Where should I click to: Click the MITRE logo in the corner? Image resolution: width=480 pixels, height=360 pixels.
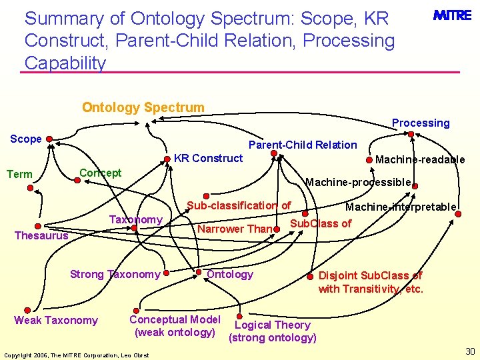point(452,15)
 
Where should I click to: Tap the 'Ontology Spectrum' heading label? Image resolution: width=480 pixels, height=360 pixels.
point(143,107)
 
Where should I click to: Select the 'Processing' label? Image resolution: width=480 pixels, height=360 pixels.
point(420,123)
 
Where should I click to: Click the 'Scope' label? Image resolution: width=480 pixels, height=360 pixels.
point(26,139)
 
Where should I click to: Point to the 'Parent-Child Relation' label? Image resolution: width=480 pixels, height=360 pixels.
point(302,145)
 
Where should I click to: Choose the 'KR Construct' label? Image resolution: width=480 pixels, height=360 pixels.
point(208,158)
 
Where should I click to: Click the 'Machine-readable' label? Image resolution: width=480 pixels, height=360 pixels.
point(420,159)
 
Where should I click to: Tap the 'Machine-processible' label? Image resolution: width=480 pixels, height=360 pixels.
point(358,182)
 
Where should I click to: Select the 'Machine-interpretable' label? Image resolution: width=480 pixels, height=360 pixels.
point(400,207)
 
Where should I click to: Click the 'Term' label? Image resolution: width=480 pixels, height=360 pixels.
point(19,175)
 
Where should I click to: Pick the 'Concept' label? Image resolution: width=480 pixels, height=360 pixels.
point(100,173)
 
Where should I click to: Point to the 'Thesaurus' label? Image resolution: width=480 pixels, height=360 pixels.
point(41,235)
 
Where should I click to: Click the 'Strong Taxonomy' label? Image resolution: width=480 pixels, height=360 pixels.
point(115,274)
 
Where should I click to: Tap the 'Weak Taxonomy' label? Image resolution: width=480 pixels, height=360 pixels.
point(56,321)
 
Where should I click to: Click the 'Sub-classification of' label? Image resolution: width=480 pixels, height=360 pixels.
point(239,206)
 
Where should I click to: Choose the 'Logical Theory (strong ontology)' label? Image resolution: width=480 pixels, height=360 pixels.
point(272,331)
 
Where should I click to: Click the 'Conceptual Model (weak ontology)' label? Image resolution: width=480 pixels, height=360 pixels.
point(175,325)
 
